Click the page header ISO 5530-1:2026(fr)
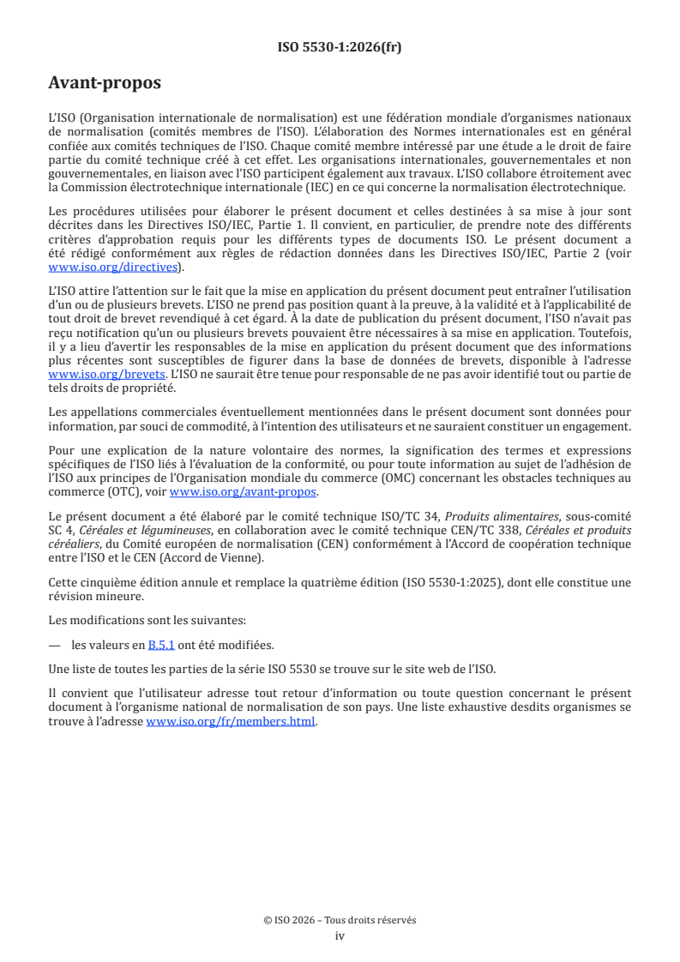[340, 47]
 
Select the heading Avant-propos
[104, 84]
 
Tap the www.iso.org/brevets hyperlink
[106, 375]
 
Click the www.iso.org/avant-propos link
[243, 492]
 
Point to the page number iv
[340, 935]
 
